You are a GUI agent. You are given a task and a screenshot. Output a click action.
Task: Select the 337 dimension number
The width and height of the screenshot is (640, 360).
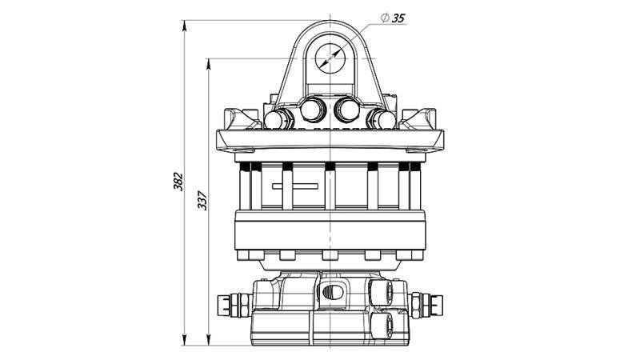point(202,200)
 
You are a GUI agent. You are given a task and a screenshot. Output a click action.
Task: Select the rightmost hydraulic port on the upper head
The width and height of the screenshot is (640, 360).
point(383,120)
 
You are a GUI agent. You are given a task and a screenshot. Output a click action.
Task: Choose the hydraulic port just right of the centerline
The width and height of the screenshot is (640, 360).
point(348,109)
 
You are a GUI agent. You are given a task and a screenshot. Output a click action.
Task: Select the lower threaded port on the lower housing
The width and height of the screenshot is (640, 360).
point(382,323)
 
